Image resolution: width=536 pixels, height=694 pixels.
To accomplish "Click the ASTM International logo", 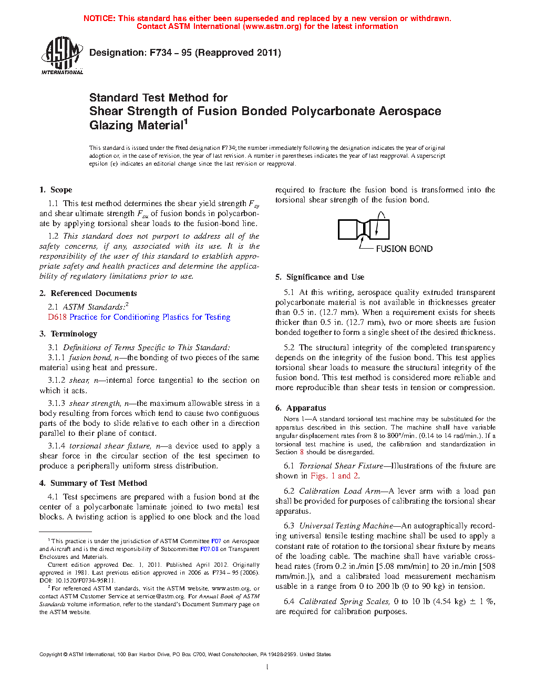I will [61, 55].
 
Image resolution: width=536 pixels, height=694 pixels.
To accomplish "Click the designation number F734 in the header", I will [160, 53].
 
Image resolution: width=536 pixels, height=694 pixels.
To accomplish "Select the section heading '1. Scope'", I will [56, 190].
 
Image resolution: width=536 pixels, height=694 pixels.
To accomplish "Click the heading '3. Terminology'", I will [68, 334].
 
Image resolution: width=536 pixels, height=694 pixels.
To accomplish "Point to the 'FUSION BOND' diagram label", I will [404, 249].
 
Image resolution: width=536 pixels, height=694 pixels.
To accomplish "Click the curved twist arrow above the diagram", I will [382, 217].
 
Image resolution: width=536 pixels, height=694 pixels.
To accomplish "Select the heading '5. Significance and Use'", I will [319, 277].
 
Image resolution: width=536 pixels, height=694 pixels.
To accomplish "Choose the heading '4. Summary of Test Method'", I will [93, 483].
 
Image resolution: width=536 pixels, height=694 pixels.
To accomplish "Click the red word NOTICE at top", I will [99, 18].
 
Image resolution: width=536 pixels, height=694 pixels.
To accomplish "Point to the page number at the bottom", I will [267, 667].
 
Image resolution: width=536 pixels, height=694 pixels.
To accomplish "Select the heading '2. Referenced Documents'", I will [88, 293].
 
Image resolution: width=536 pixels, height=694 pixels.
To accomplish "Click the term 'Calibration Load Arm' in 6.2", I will [339, 491].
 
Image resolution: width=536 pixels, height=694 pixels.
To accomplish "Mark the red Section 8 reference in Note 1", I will [302, 452].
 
